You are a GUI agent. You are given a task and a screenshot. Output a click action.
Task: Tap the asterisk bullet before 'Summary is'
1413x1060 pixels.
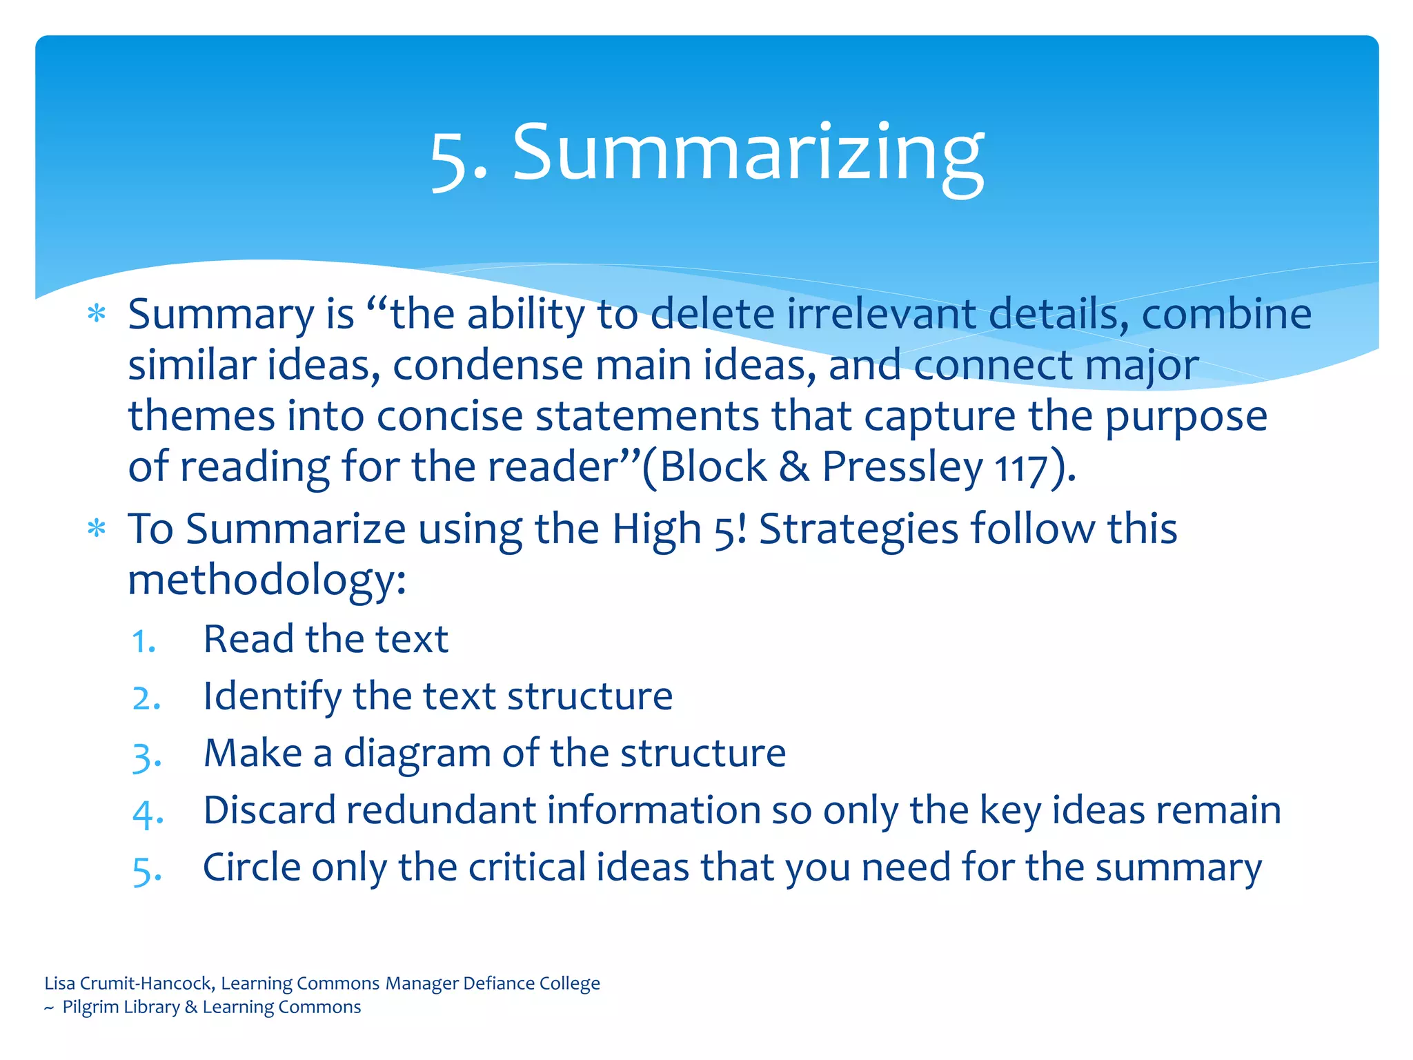pyautogui.click(x=97, y=315)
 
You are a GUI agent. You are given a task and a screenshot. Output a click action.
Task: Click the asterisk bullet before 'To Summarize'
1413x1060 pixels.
pyautogui.click(x=97, y=530)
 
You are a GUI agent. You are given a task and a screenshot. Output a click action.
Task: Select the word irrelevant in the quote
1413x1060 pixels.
pyautogui.click(x=880, y=314)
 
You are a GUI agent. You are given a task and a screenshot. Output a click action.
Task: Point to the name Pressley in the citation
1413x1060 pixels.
pyautogui.click(x=902, y=467)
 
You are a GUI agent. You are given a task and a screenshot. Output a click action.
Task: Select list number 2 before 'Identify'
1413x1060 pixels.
pyautogui.click(x=146, y=698)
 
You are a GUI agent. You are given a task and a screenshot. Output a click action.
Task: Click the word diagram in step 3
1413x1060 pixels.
pyautogui.click(x=417, y=754)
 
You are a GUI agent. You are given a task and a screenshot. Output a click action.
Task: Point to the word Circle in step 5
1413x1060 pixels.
pyautogui.click(x=251, y=867)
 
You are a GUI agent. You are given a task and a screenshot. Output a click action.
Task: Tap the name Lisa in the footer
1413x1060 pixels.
pyautogui.click(x=60, y=983)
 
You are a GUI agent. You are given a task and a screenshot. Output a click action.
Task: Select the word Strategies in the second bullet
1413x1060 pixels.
pyautogui.click(x=858, y=530)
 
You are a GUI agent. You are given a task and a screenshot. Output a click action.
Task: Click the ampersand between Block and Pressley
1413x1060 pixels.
pyautogui.click(x=794, y=467)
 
